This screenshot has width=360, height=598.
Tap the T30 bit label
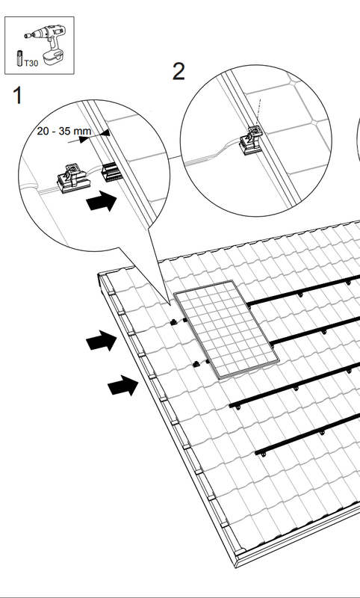point(31,64)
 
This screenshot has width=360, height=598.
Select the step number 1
point(17,96)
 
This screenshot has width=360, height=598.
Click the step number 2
point(179,71)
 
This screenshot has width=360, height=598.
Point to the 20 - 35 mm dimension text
point(64,132)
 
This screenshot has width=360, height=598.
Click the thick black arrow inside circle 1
point(102,201)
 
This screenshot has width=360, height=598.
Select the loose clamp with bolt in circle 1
point(72,178)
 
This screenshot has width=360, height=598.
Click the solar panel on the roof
point(226,329)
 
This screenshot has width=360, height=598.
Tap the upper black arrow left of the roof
point(102,340)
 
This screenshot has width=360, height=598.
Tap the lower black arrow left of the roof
point(123,385)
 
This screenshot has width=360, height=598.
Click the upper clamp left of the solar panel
point(174,322)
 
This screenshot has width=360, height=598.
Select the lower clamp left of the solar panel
point(196,364)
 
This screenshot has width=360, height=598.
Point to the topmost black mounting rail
point(303,290)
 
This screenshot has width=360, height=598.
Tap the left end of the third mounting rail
point(231,405)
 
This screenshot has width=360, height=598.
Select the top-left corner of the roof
point(99,274)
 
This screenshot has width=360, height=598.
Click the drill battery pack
point(53,58)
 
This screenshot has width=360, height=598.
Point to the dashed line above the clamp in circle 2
point(258,111)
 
